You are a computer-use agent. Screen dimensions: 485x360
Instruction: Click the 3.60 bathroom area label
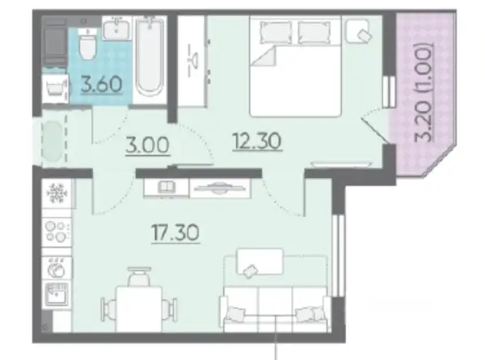pyautogui.click(x=101, y=84)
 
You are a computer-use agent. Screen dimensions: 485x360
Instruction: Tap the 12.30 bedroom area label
pyautogui.click(x=257, y=141)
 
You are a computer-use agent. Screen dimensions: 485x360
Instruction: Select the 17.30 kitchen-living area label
pyautogui.click(x=175, y=233)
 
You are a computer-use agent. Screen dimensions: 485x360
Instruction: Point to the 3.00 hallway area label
pyautogui.click(x=148, y=145)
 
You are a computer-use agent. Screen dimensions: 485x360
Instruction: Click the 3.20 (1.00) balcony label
pyautogui.click(x=423, y=92)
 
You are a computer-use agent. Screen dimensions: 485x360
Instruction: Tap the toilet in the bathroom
pyautogui.click(x=87, y=45)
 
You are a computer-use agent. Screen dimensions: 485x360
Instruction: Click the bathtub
pyautogui.click(x=150, y=57)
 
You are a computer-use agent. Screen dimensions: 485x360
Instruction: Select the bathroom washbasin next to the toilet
pyautogui.click(x=116, y=28)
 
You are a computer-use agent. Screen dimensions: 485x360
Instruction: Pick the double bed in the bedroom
pyautogui.click(x=295, y=66)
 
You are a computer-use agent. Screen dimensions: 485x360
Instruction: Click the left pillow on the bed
pyautogui.click(x=276, y=32)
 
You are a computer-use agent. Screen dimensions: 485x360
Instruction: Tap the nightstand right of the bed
pyautogui.click(x=358, y=31)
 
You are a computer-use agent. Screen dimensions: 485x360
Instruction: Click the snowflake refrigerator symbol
pyautogui.click(x=57, y=193)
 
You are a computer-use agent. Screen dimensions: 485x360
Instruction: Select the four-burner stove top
pyautogui.click(x=57, y=231)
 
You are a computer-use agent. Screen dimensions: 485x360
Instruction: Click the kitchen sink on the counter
pyautogui.click(x=57, y=294)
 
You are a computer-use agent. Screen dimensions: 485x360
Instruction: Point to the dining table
pyautogui.click(x=139, y=308)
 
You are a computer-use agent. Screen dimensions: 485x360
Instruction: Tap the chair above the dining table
pyautogui.click(x=139, y=276)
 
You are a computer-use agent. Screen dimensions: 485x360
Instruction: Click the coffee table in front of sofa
pyautogui.click(x=259, y=262)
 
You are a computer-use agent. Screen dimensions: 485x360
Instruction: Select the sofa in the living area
pyautogui.click(x=275, y=309)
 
